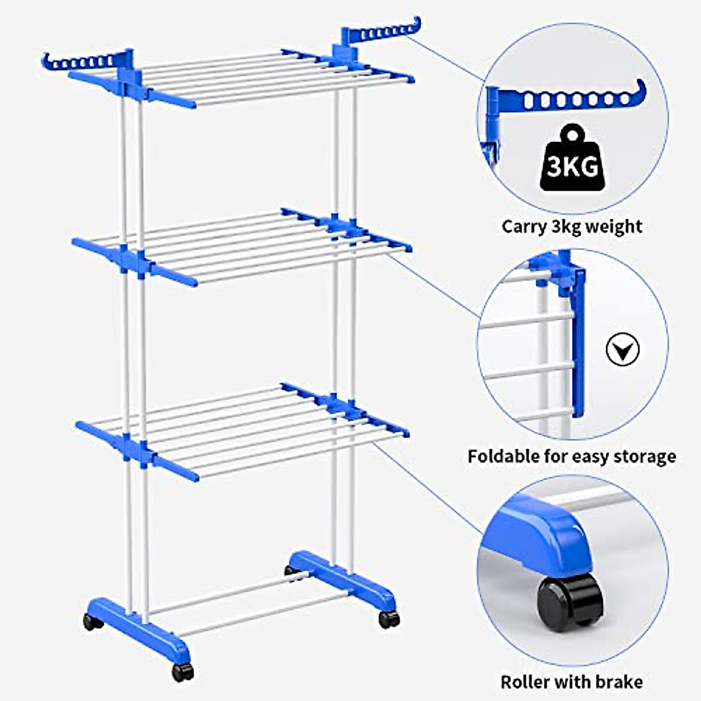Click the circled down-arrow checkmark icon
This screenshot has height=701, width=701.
[622, 350]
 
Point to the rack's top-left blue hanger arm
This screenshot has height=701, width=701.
[82, 61]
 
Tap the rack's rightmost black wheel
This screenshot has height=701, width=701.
[389, 619]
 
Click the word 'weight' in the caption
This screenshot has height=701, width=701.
[614, 226]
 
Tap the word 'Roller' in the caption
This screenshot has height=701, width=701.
[526, 682]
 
